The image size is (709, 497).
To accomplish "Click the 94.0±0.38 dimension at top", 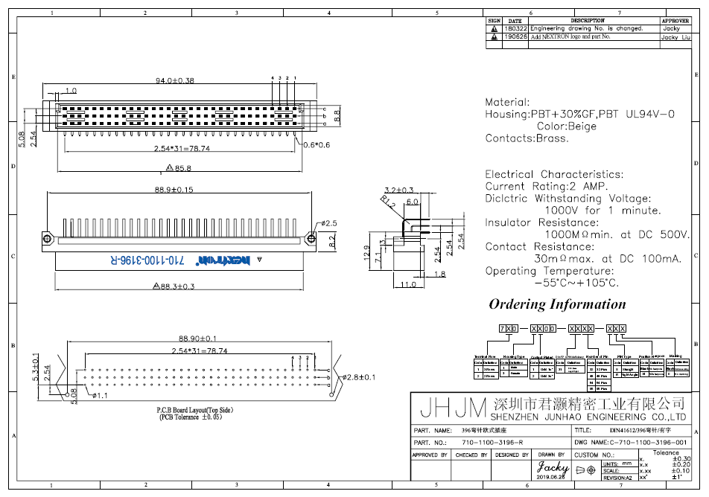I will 174,80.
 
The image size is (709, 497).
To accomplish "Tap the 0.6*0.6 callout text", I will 316,144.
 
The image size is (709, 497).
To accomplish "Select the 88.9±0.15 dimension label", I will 174,190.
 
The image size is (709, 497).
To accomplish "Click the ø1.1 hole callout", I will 100,396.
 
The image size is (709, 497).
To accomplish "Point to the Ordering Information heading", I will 557,304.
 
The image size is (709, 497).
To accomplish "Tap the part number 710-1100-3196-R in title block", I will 497,443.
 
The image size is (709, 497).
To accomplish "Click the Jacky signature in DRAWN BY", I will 552,468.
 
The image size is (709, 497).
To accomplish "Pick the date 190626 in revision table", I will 515,36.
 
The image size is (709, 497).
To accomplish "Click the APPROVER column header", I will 675,21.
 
